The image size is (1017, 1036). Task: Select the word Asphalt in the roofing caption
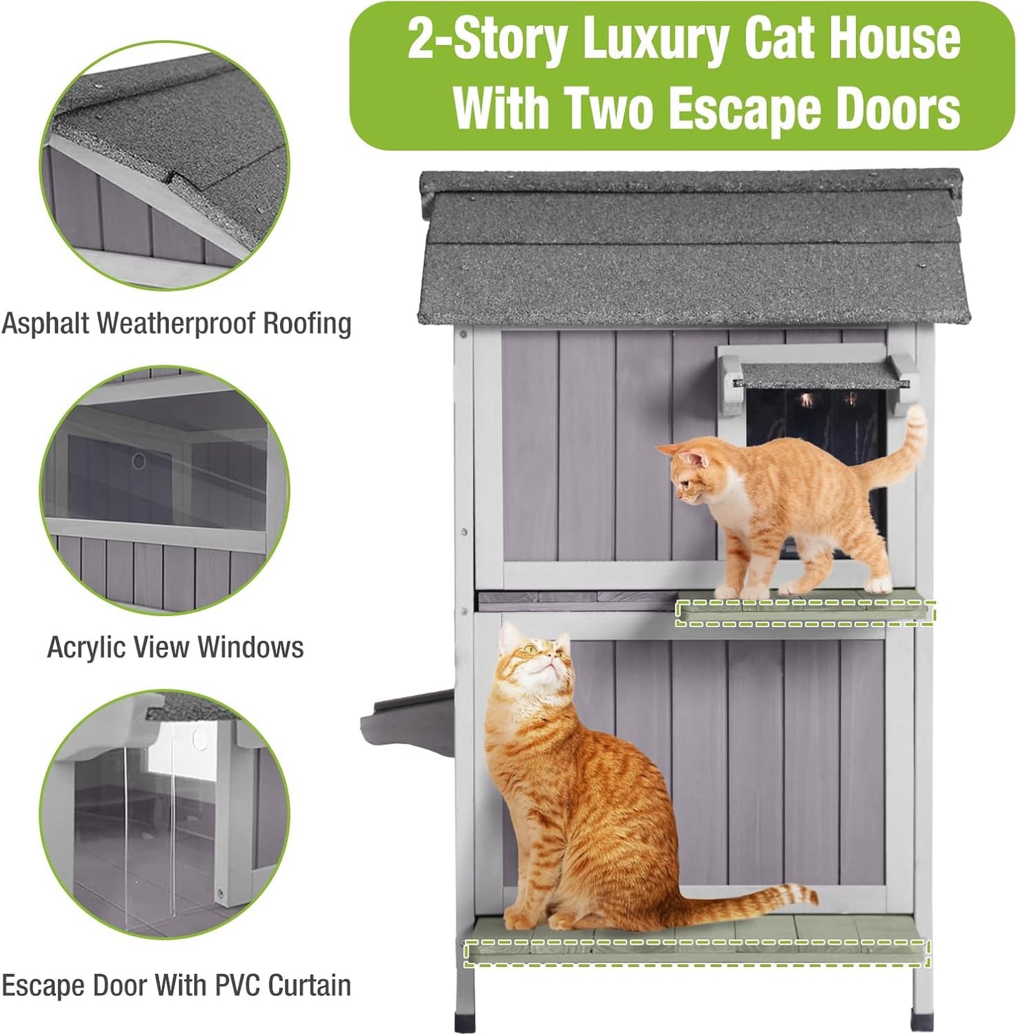click(45, 324)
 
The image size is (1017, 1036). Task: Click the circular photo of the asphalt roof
click(165, 166)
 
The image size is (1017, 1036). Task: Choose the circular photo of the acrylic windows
click(165, 490)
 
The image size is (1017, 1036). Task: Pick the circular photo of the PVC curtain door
click(165, 814)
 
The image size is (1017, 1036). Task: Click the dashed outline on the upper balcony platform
click(805, 613)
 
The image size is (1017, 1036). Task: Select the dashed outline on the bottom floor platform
click(697, 952)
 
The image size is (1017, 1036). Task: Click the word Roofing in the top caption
click(307, 324)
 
